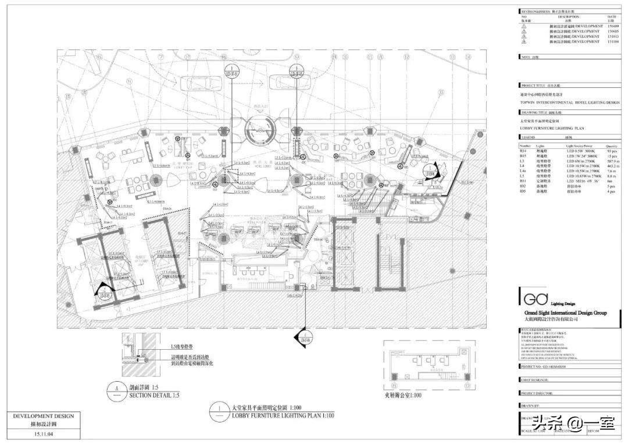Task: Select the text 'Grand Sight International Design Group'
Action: point(562,313)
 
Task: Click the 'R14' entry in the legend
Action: point(523,151)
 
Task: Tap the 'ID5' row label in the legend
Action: point(523,191)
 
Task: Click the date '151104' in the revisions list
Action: point(613,42)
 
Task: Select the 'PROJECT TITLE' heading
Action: point(533,86)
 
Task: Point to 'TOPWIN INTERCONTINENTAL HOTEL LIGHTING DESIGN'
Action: point(569,102)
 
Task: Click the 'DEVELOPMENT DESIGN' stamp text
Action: point(44,416)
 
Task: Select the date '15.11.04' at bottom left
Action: point(44,434)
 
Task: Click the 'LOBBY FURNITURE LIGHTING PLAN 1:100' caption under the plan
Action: point(283,415)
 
